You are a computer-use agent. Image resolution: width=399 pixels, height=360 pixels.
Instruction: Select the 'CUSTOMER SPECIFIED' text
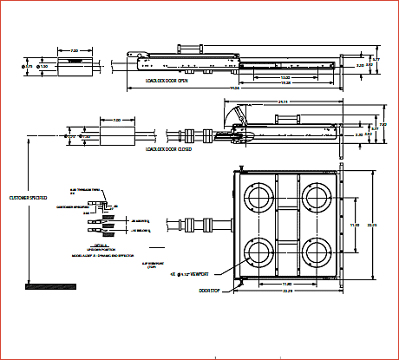pyautogui.click(x=28, y=198)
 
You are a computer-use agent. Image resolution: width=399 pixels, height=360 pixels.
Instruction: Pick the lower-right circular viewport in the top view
pyautogui.click(x=312, y=253)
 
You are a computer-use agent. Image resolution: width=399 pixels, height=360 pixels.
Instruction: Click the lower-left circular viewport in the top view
pyautogui.click(x=259, y=253)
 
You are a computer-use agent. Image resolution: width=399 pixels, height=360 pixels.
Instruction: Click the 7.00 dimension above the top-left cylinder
pyautogui.click(x=75, y=50)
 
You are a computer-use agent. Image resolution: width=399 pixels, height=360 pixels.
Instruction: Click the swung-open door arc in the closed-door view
pyautogui.click(x=232, y=114)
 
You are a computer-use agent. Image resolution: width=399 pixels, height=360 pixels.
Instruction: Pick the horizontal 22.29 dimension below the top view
pyautogui.click(x=285, y=291)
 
